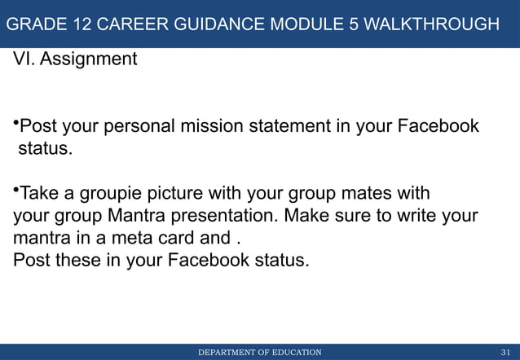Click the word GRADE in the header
tap(34, 24)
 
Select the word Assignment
tap(89, 59)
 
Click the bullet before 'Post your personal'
tap(15, 124)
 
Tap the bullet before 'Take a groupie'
tap(15, 191)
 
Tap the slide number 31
tap(505, 352)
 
